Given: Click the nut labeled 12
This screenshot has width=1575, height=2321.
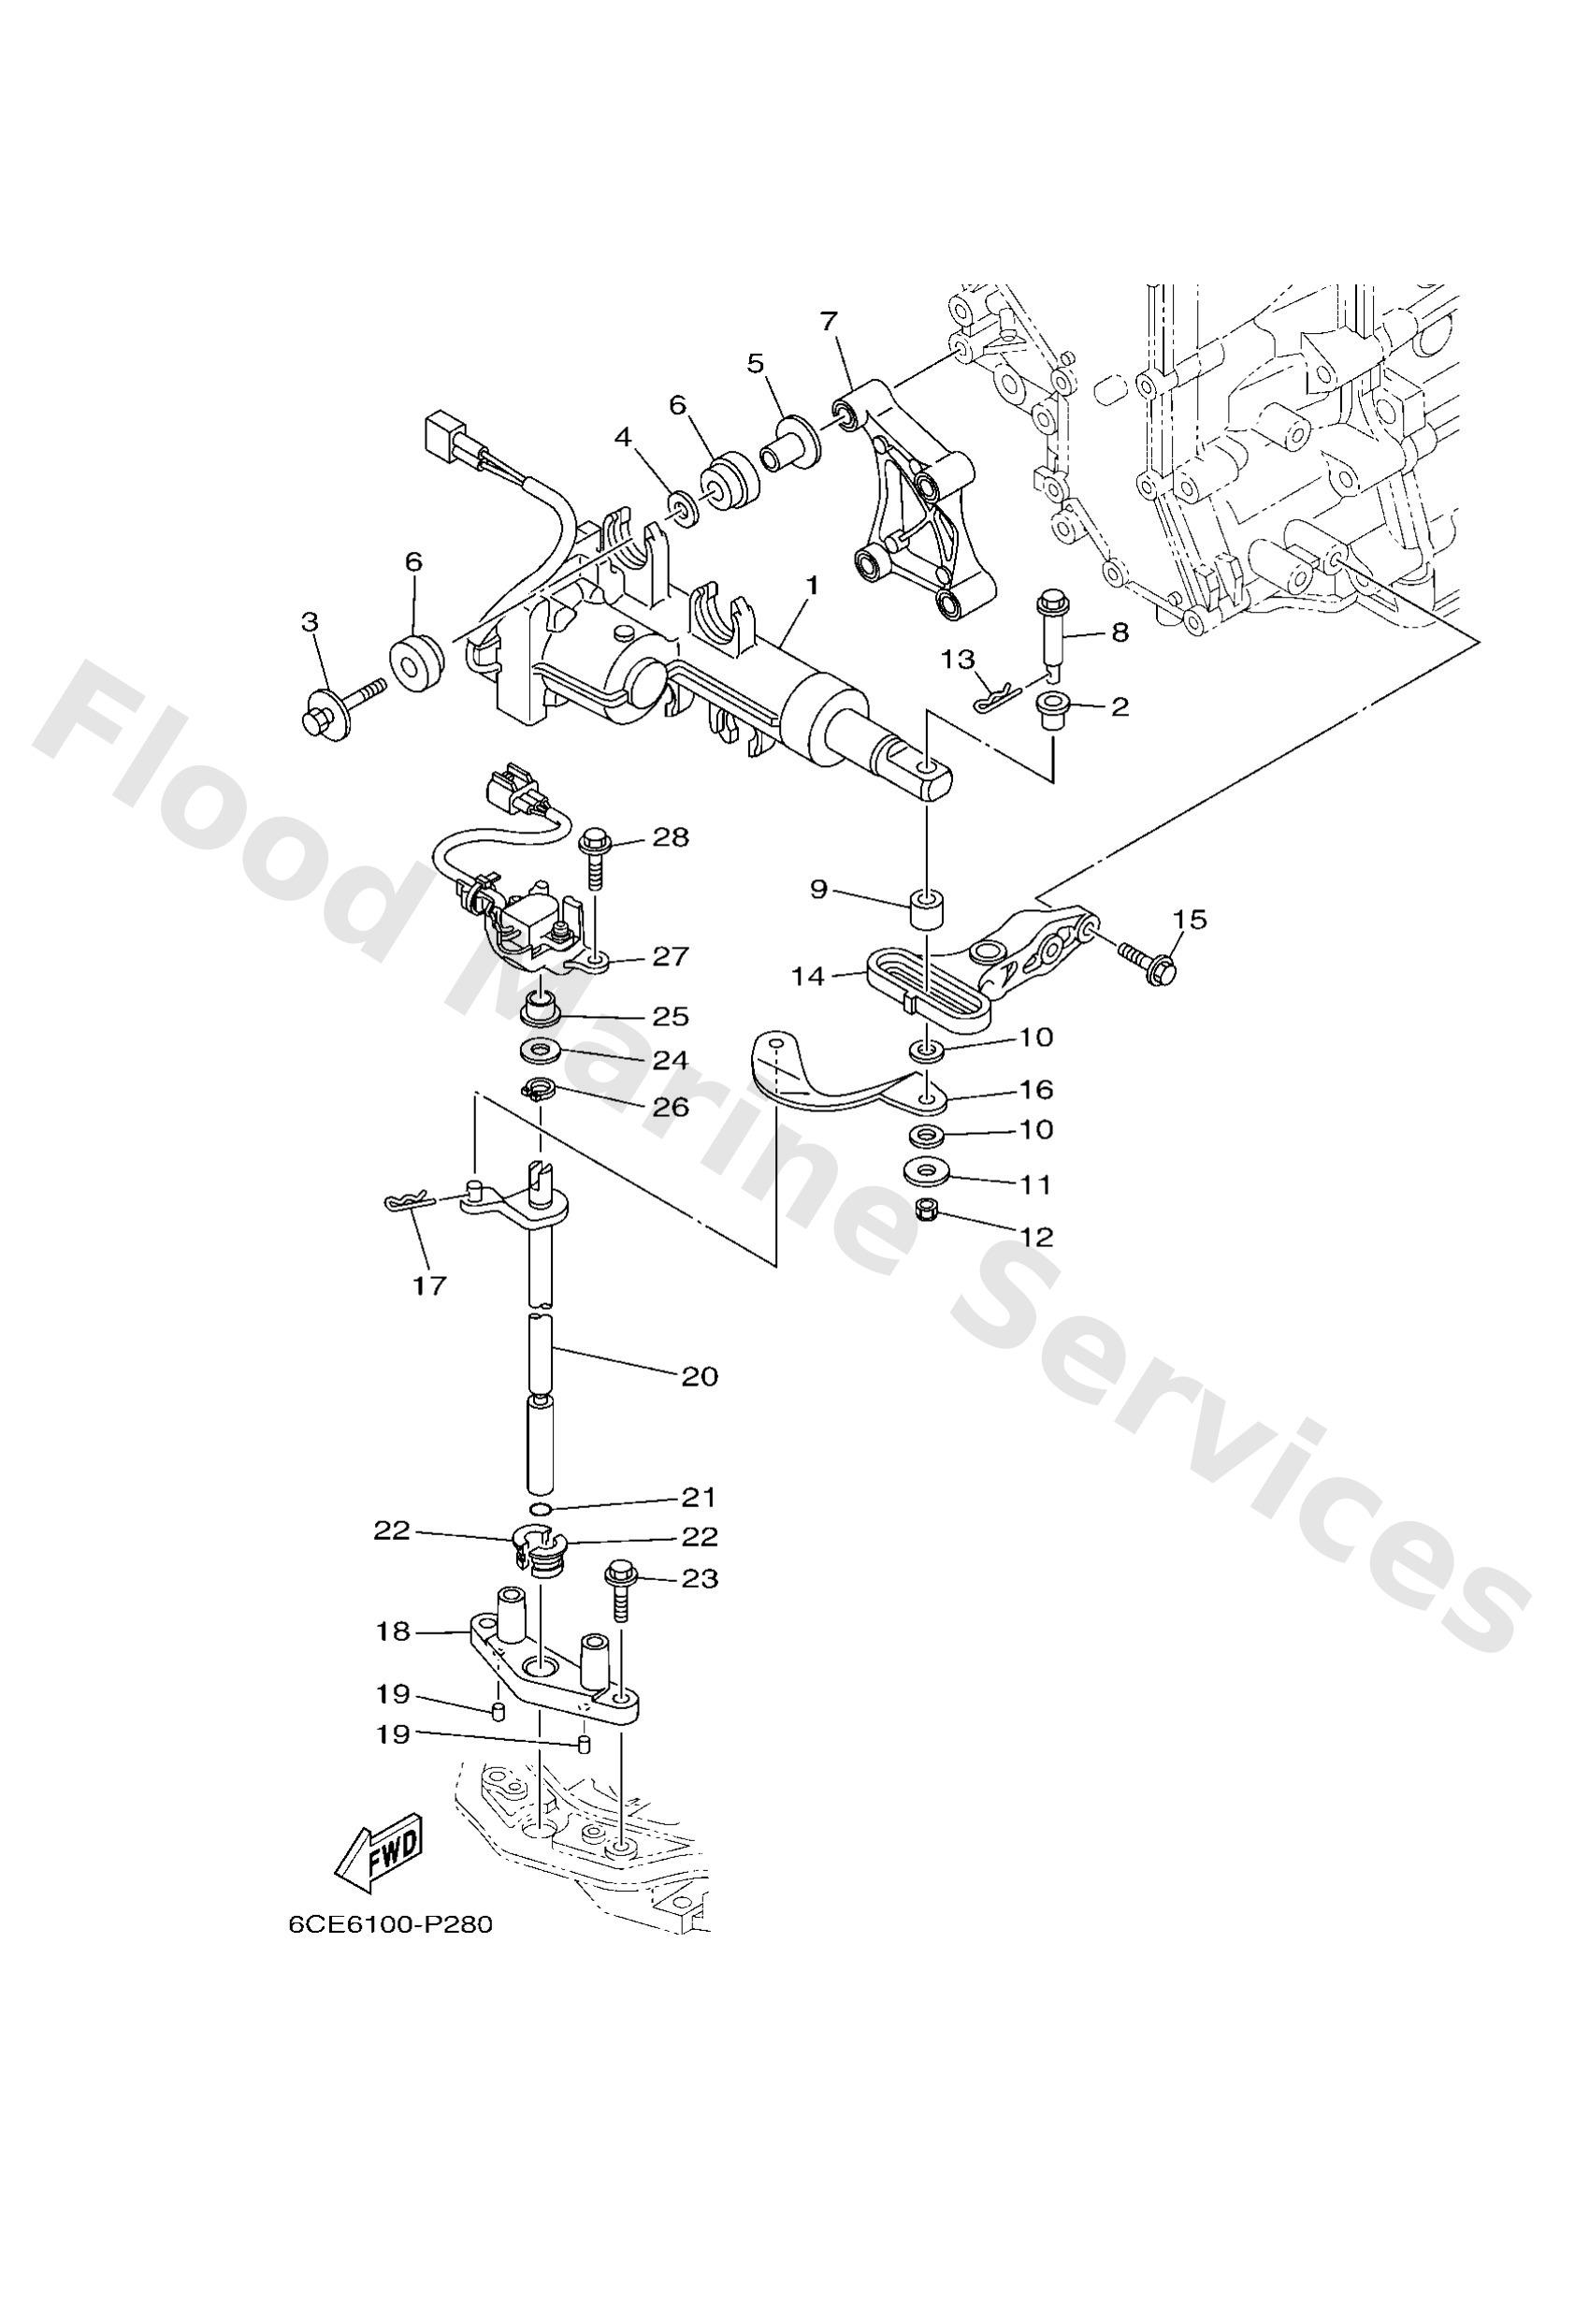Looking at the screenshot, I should [925, 1212].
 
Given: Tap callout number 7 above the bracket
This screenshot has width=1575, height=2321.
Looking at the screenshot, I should [828, 322].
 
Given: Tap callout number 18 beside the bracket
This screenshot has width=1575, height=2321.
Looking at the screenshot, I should [394, 1632].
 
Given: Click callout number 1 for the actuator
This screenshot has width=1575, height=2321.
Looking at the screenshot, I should [812, 587].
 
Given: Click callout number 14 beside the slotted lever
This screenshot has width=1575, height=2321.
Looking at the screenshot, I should [807, 976].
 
